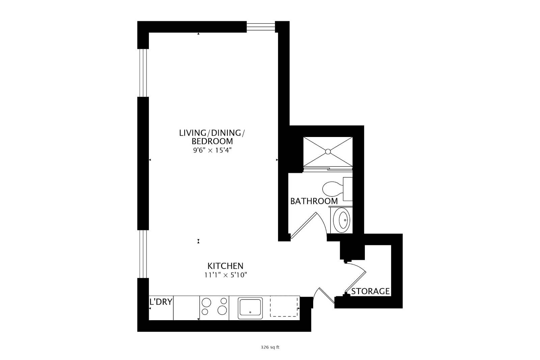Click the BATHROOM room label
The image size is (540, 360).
tap(314, 201)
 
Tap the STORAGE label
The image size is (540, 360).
tap(370, 291)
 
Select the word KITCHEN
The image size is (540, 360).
tap(225, 266)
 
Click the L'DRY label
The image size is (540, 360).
tap(161, 302)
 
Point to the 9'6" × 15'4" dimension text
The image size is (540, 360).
tap(212, 150)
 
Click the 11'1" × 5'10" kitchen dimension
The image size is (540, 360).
tap(226, 275)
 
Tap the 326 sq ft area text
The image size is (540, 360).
tap(270, 347)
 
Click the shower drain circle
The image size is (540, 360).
tap(328, 151)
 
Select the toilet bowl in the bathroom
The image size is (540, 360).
tap(333, 189)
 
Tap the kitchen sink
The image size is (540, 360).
tap(250, 308)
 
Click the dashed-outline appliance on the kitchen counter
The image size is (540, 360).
tap(284, 306)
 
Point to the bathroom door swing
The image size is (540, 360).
tap(308, 225)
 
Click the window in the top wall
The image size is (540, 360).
tap(261, 27)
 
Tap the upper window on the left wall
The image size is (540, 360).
tap(143, 73)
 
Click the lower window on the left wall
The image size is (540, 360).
tap(143, 254)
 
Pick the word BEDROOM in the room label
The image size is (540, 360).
tap(212, 141)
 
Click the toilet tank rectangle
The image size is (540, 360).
tap(348, 189)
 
